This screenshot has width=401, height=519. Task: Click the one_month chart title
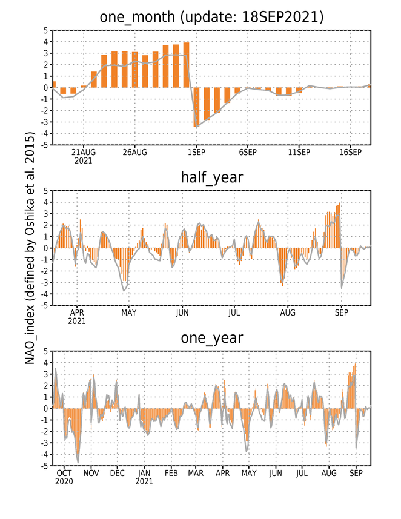(x=211, y=17)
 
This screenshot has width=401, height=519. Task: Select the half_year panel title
(x=212, y=177)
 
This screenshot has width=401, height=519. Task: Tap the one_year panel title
(x=212, y=338)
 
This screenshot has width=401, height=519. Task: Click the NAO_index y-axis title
(x=30, y=248)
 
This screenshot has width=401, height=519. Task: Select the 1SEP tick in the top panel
(x=196, y=152)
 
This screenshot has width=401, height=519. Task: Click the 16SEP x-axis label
(x=351, y=152)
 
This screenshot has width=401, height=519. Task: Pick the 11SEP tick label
(x=299, y=152)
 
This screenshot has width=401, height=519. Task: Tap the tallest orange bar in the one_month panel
(x=187, y=65)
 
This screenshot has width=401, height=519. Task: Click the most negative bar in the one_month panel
(x=196, y=107)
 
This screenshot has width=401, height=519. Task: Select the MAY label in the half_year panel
(x=129, y=312)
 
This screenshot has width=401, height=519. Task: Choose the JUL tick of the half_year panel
(x=234, y=312)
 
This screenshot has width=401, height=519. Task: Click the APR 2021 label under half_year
(x=77, y=317)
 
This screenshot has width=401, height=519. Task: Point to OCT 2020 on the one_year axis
(x=64, y=477)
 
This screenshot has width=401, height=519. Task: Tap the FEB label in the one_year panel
(x=171, y=473)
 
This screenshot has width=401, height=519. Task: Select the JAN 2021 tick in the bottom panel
(x=144, y=477)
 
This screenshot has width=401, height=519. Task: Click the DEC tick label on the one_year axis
(x=118, y=473)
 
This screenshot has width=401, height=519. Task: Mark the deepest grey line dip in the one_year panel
(x=78, y=463)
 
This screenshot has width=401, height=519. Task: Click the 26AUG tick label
(x=134, y=152)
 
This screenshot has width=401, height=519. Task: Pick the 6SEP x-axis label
(x=248, y=152)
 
